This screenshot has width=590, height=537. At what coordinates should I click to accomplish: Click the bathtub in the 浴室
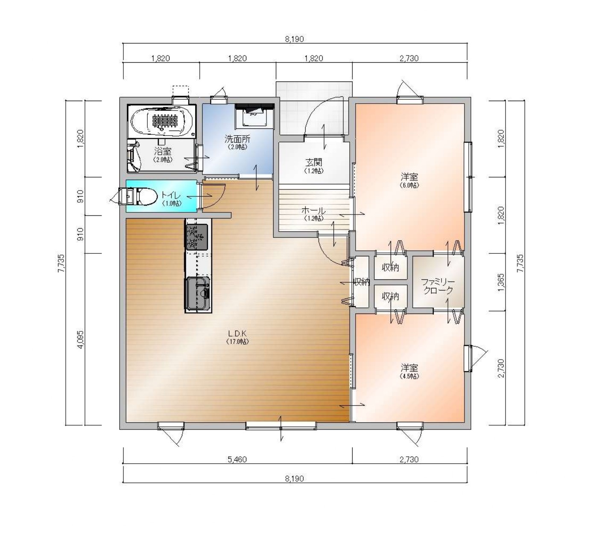pyautogui.click(x=162, y=121)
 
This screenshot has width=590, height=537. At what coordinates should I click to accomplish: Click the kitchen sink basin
pyautogui.click(x=198, y=293)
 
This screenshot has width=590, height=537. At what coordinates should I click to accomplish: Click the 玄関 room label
pyautogui.click(x=314, y=165)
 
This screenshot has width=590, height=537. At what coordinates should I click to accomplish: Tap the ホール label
pyautogui.click(x=313, y=214)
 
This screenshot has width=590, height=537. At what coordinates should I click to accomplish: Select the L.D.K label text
pyautogui.click(x=237, y=337)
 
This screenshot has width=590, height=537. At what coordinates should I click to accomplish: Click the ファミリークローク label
pyautogui.click(x=438, y=286)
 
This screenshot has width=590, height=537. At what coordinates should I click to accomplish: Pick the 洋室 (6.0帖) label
pyautogui.click(x=409, y=180)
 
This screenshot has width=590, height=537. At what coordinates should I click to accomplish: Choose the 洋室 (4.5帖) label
pyautogui.click(x=409, y=371)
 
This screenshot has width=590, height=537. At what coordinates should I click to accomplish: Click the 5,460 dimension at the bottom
pyautogui.click(x=237, y=459)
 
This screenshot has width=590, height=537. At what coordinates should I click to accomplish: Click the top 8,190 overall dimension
pyautogui.click(x=294, y=39)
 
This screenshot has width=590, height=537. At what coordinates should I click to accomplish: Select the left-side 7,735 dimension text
pyautogui.click(x=61, y=263)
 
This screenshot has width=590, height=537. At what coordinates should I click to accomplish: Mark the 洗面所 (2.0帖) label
pyautogui.click(x=238, y=142)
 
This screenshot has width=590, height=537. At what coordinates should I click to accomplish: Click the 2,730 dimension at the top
pyautogui.click(x=409, y=58)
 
